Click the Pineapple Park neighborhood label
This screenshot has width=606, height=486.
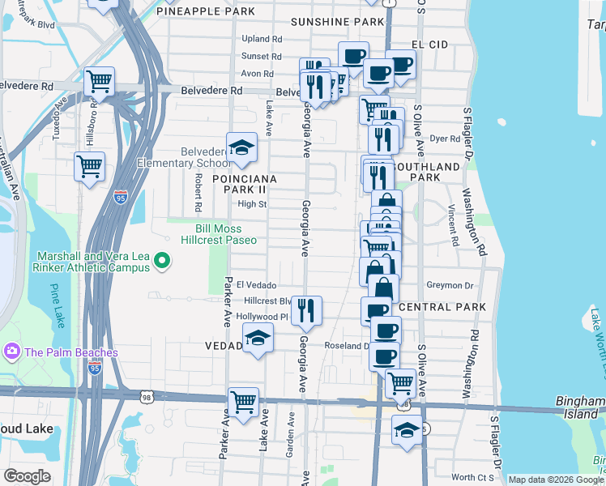click(206, 11)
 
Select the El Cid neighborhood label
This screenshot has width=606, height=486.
click(429, 44)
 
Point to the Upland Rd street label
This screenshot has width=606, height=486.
click(261, 39)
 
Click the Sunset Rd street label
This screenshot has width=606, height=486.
click(261, 57)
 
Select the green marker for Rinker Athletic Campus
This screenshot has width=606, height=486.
click(162, 261)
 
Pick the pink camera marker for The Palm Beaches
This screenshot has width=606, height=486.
click(12, 352)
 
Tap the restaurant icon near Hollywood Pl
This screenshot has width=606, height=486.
click(306, 309)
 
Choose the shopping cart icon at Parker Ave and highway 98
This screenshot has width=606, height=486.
click(242, 400)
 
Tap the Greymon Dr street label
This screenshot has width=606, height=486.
click(450, 286)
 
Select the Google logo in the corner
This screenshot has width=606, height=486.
click(28, 475)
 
